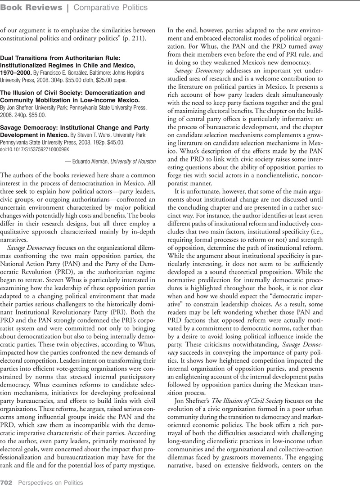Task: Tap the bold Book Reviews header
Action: coord(31,7)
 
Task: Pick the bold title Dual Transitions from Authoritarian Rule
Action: coord(60,58)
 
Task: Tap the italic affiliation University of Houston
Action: coord(133,162)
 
